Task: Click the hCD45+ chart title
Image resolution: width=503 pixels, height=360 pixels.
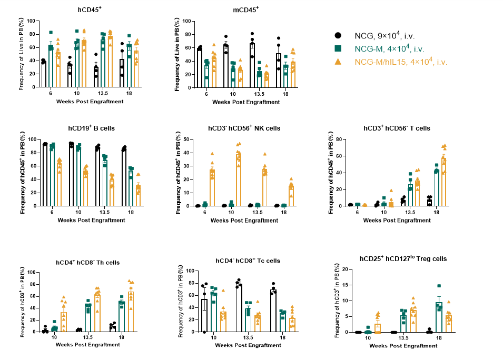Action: (90, 9)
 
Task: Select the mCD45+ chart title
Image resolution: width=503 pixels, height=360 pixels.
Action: (246, 9)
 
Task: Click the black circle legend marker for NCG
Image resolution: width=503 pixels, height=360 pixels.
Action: (338, 35)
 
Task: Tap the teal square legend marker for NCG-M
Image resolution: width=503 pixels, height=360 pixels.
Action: (338, 48)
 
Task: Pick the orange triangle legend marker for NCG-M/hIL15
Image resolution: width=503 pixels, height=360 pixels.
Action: (338, 61)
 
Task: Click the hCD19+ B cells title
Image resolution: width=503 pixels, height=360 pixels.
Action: (92, 128)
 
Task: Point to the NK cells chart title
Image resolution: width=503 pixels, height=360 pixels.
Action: (244, 128)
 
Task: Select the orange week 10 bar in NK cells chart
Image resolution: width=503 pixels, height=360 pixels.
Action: (239, 180)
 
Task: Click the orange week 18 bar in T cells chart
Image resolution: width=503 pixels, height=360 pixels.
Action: (444, 182)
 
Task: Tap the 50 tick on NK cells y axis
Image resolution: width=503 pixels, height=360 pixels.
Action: (186, 140)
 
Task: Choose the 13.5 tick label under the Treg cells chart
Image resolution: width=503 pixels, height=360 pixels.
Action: (403, 338)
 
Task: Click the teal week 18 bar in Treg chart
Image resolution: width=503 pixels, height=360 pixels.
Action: (439, 317)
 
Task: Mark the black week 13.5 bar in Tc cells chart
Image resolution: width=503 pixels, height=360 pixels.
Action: (239, 308)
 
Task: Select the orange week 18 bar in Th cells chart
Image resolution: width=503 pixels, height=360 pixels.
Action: (131, 312)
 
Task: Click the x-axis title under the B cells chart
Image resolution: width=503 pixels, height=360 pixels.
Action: (92, 220)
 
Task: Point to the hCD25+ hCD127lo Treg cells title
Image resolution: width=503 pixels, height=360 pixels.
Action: (403, 259)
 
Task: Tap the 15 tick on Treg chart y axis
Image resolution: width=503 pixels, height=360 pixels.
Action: (345, 285)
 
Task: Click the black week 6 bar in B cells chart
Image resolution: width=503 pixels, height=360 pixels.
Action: (45, 175)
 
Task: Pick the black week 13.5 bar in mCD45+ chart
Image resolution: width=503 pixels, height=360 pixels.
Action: (252, 65)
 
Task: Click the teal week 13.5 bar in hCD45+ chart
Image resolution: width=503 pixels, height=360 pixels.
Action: (103, 63)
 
